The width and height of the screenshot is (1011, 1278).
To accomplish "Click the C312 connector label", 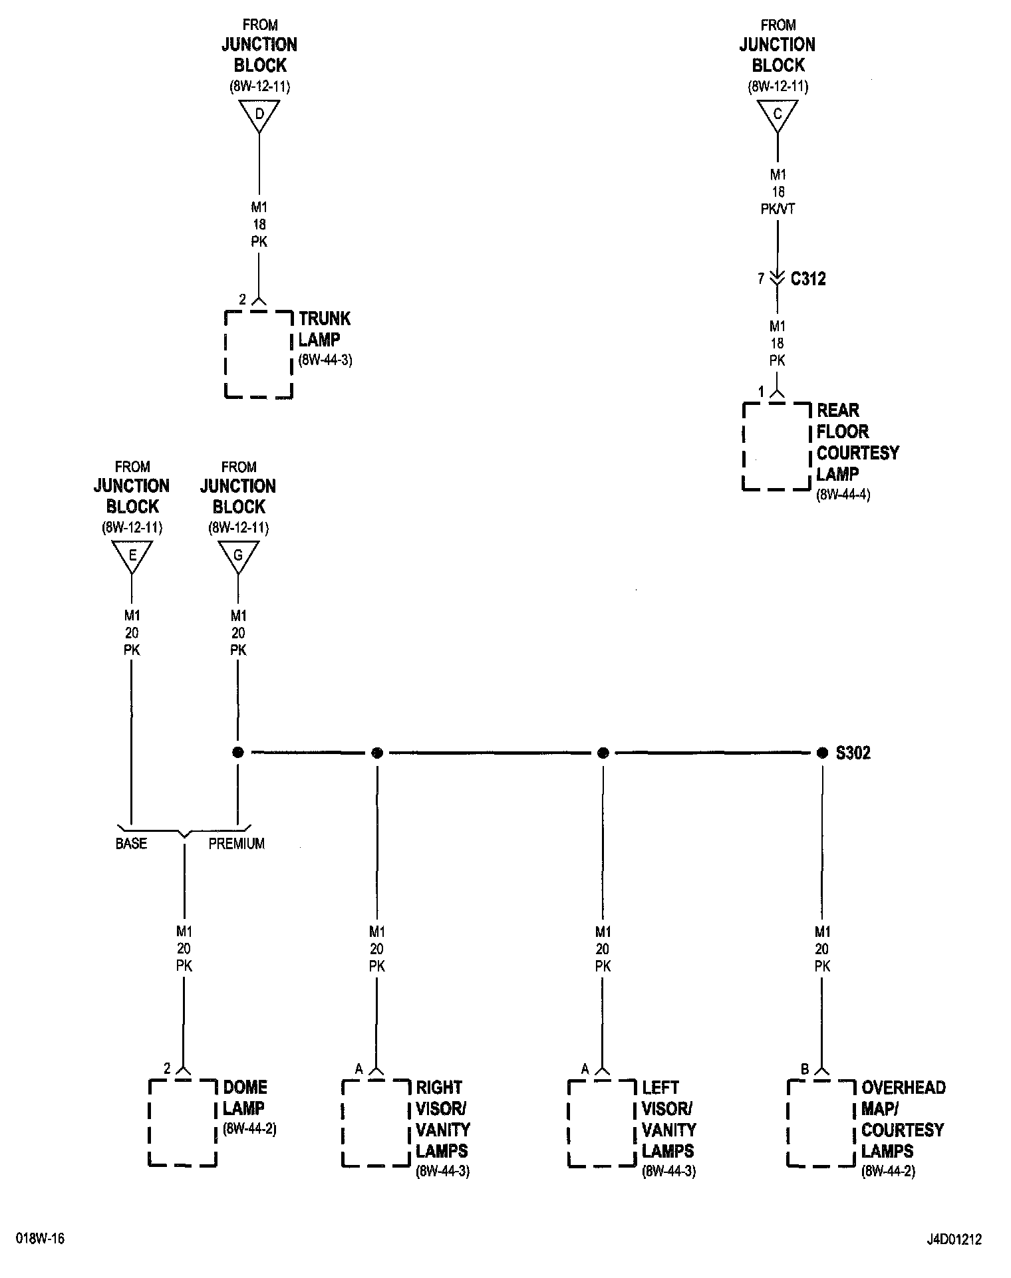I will point(808,279).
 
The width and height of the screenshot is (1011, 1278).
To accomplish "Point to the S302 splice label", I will point(853,753).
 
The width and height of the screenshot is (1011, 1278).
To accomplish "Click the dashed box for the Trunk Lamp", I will point(259,354).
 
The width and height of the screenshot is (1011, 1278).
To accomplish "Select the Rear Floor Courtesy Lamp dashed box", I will point(777,446).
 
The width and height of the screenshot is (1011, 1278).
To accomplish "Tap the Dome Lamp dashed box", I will point(182,1122).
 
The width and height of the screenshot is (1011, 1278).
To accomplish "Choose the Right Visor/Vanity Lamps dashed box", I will point(376,1122).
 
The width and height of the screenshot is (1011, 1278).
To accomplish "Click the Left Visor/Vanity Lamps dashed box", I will point(602,1122).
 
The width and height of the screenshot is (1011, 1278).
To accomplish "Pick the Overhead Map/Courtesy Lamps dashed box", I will point(821,1122).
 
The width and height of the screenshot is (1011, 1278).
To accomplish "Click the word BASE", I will point(131,843).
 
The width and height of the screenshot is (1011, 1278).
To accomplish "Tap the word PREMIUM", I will point(237,843).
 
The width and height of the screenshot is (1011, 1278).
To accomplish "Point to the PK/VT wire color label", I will point(778,209).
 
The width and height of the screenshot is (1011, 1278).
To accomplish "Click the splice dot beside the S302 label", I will point(822,753).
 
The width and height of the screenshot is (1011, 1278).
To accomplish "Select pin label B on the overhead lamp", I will point(804,1069).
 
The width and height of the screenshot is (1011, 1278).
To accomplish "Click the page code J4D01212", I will point(954,1239).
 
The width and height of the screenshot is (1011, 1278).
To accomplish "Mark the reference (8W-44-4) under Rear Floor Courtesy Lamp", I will point(843,495).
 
